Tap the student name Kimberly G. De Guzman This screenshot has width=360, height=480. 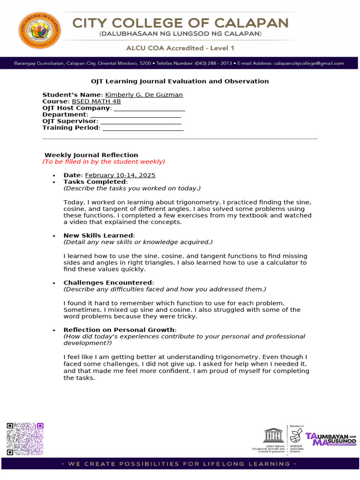(x=144, y=95)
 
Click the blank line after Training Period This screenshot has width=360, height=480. (x=143, y=128)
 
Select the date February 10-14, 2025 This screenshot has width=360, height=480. (x=120, y=175)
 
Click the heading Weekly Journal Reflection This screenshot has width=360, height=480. (x=91, y=155)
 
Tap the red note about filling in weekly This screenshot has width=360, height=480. (x=104, y=162)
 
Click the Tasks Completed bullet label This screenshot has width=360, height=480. (x=95, y=182)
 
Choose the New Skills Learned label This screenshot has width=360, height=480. (x=98, y=235)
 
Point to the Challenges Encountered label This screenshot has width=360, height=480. (x=108, y=283)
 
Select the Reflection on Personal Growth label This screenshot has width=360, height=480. (x=120, y=330)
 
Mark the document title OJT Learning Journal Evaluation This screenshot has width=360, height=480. (x=180, y=81)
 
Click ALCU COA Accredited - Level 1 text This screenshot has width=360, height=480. (x=180, y=48)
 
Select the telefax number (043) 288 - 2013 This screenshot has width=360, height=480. (x=214, y=63)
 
